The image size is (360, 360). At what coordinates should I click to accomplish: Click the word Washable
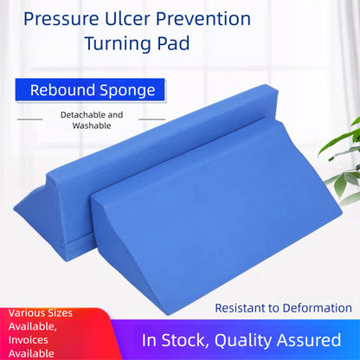coord(92,125)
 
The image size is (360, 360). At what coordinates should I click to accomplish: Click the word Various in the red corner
coord(29,313)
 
